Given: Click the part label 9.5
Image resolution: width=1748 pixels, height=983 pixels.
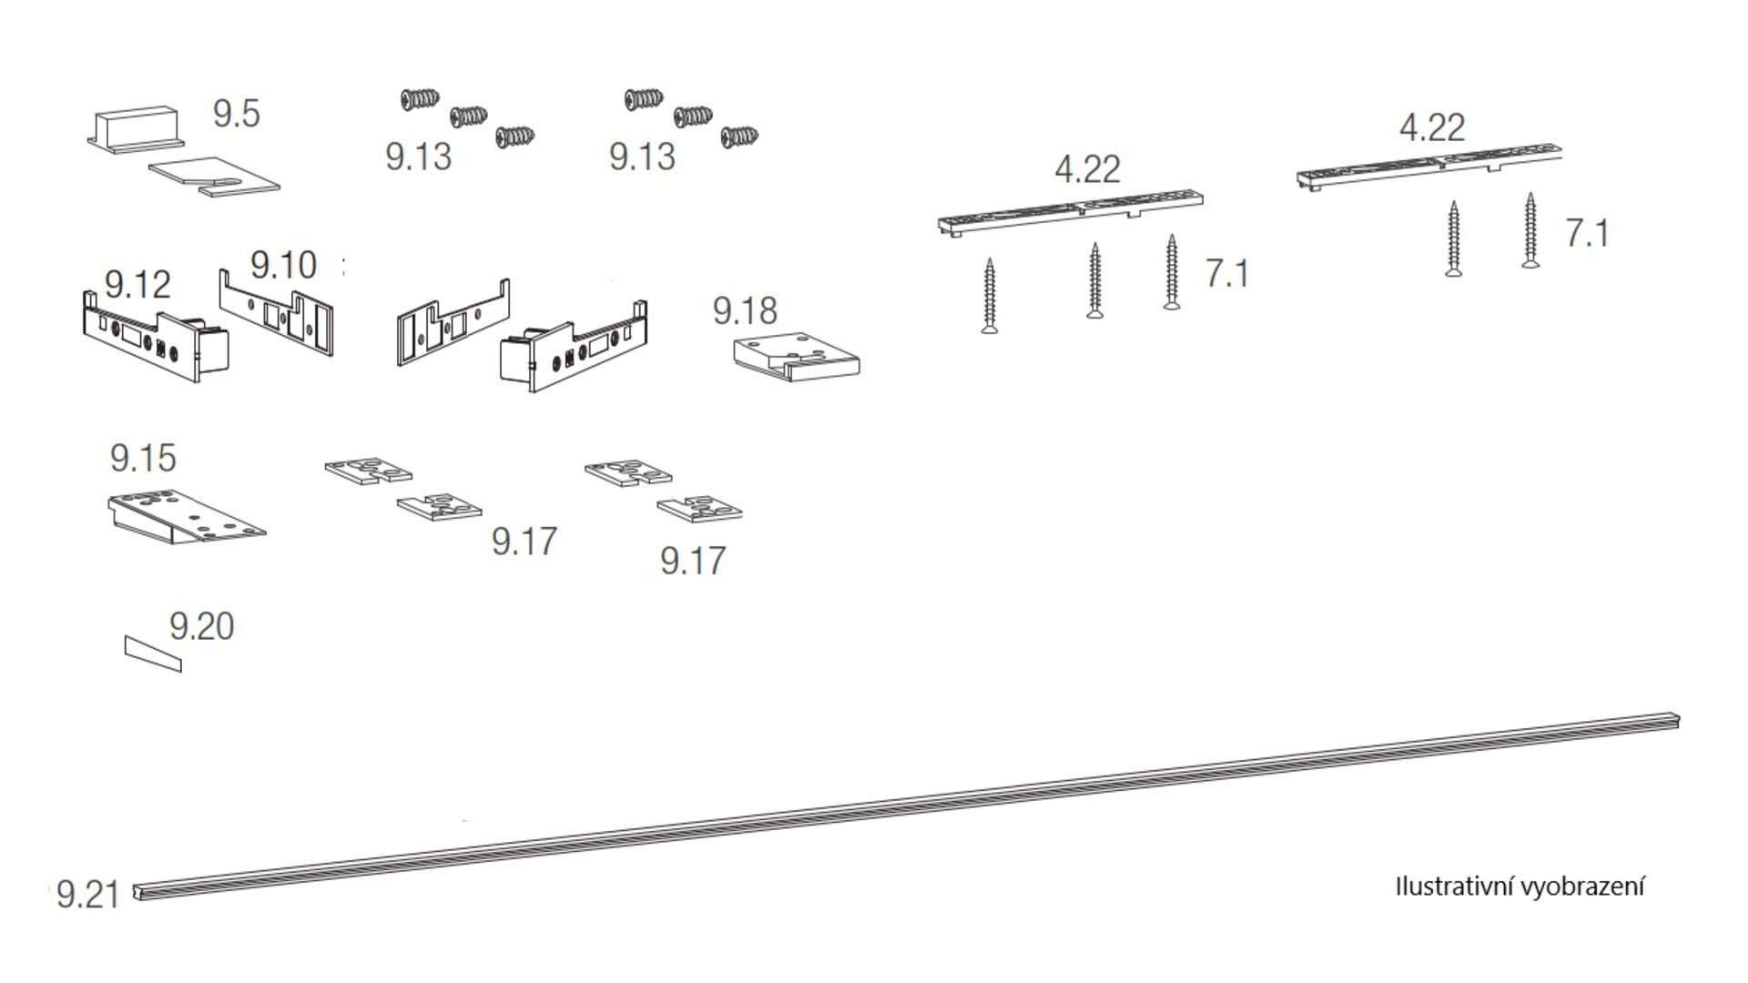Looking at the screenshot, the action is pos(236,114).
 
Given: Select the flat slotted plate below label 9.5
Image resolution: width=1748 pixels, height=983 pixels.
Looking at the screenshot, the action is pos(214,174).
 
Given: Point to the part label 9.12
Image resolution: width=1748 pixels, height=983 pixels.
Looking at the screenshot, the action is pos(137,285).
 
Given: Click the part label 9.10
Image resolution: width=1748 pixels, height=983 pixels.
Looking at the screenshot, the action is pos(283,265).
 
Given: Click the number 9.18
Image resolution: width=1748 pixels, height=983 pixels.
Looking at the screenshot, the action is pos(745,310).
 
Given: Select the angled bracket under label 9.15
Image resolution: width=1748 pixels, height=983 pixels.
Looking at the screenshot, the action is pos(187,518).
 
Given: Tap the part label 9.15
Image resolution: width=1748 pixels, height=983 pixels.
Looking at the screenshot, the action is pos(143,458).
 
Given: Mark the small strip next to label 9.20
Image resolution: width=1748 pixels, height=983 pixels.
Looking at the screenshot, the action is pos(153,654).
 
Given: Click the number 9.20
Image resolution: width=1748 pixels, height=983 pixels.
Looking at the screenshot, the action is pos(201,626).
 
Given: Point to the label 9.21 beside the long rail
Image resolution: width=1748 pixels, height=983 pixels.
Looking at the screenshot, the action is pos(87,895).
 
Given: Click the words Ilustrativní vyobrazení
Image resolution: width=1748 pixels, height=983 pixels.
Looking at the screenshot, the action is pos(1519,887).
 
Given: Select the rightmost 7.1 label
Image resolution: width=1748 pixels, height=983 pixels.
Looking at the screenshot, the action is pos(1587,233).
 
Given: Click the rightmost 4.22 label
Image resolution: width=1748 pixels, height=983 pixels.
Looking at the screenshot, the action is pos(1432,127).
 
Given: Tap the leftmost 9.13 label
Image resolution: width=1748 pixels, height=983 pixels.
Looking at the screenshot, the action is pos(418,157).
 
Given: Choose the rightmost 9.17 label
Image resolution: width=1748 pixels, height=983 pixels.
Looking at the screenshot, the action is pos(693,561).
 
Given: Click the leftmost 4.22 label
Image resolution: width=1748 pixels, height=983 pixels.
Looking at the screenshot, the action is pos(1087,169).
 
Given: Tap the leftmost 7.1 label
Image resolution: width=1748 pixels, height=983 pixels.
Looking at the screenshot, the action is pos(1227,273).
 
